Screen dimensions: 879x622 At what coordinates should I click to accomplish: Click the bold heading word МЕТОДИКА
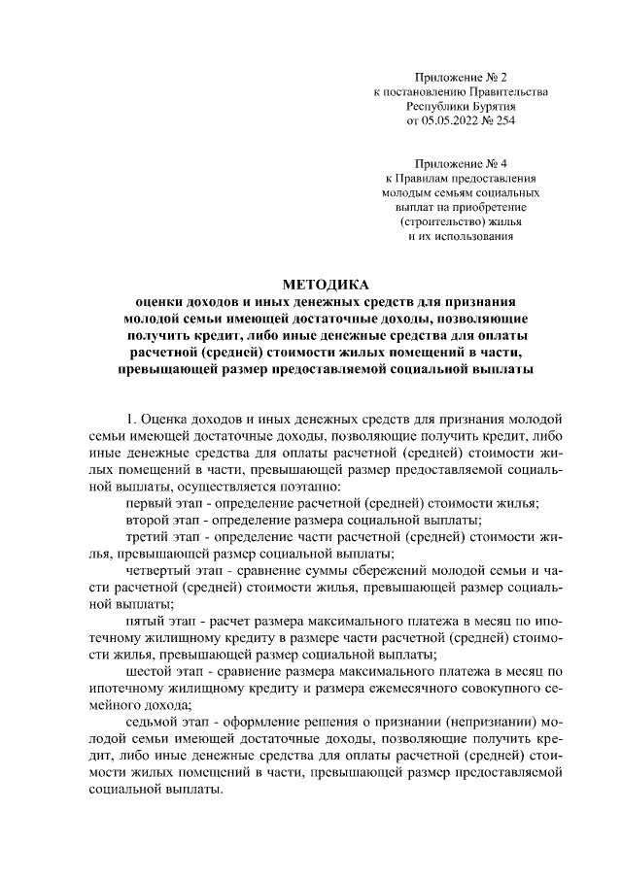(326, 285)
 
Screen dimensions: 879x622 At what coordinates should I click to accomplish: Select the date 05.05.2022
(448, 121)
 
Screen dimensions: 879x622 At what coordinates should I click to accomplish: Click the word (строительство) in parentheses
(432, 222)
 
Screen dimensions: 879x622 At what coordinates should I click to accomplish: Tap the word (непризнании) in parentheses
(454, 722)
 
